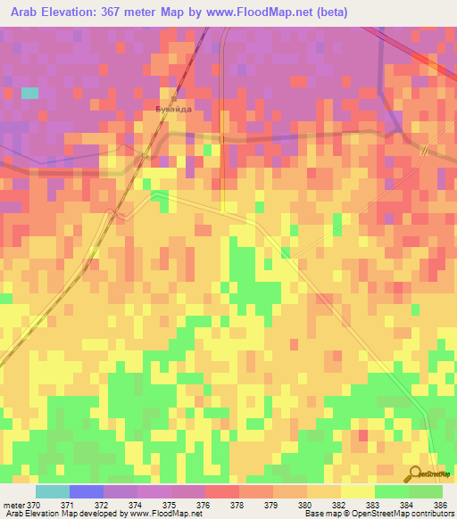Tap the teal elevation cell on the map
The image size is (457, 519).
click(x=29, y=92)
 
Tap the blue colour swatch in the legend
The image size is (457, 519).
click(x=86, y=491)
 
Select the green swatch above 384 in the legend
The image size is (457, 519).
click(x=392, y=491)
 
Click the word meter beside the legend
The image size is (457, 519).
click(x=13, y=506)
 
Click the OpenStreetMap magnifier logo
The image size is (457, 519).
click(x=416, y=473)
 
